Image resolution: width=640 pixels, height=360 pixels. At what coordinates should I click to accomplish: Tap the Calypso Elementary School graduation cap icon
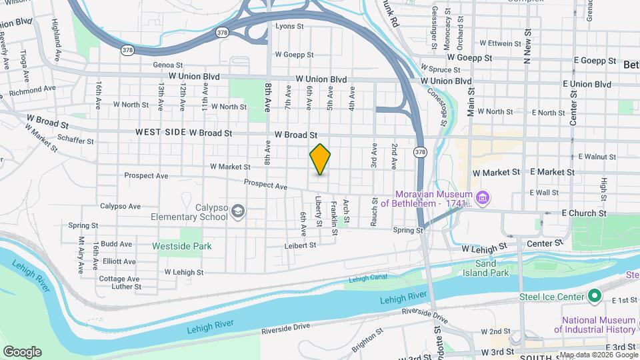click(x=237, y=212)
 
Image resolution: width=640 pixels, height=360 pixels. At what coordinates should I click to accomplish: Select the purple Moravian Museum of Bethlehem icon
click(x=483, y=198)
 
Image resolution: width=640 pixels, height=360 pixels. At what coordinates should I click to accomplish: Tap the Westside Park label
click(x=181, y=246)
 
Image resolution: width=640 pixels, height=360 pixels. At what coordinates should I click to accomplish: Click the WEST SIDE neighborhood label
click(x=160, y=133)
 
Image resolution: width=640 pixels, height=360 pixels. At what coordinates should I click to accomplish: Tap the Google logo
click(x=22, y=352)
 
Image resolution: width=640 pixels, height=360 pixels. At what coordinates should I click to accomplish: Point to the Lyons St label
click(x=289, y=27)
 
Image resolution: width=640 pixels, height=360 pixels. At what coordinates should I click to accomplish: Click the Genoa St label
click(x=167, y=65)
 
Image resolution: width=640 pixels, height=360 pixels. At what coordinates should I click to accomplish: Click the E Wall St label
click(x=544, y=192)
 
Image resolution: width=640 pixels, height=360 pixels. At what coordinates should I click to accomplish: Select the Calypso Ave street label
click(x=120, y=207)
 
